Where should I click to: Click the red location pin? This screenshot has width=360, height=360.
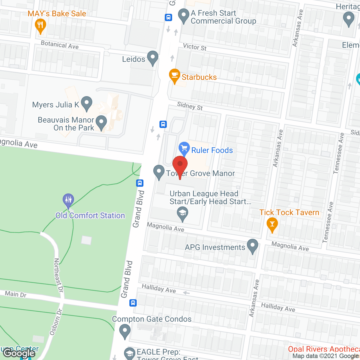(180, 165)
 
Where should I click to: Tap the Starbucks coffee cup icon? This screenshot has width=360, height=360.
(174, 75)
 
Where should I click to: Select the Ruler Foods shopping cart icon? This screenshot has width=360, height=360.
(184, 148)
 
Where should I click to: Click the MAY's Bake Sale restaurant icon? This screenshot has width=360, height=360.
(40, 25)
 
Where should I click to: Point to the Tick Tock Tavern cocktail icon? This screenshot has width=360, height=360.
(272, 224)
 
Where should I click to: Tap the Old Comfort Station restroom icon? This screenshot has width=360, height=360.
(68, 200)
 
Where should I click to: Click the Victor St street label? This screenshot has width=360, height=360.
(195, 47)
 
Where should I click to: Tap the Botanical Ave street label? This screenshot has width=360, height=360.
(60, 45)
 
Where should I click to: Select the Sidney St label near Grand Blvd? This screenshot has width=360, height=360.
(190, 106)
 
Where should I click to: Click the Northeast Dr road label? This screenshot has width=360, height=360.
(58, 275)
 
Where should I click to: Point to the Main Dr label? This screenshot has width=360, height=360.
(16, 294)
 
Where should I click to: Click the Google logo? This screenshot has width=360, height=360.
(19, 353)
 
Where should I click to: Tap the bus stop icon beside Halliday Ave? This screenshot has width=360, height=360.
(133, 303)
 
